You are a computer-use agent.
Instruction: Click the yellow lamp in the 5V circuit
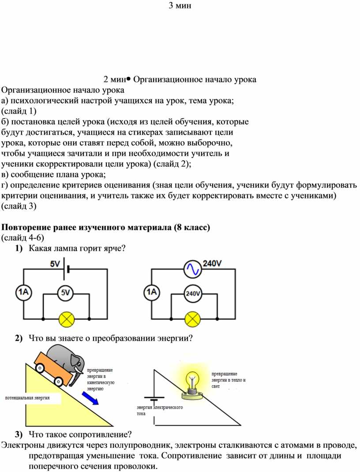[67, 319]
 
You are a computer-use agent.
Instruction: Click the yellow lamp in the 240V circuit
[192, 319]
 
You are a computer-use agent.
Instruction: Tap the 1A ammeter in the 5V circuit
[23, 292]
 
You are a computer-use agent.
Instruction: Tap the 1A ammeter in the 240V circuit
[151, 292]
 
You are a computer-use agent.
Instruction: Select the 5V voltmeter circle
[66, 292]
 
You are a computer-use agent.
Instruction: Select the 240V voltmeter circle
[193, 293]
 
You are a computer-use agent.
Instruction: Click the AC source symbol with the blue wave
[192, 269]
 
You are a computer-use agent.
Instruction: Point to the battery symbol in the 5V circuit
[66, 269]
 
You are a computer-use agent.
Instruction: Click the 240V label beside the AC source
[212, 263]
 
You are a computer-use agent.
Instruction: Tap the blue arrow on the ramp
[90, 397]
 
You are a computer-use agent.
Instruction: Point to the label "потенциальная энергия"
[27, 397]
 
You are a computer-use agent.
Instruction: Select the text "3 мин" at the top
[180, 5]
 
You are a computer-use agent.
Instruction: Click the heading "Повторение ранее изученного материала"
[87, 227]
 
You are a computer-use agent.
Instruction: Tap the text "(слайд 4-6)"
[22, 238]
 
